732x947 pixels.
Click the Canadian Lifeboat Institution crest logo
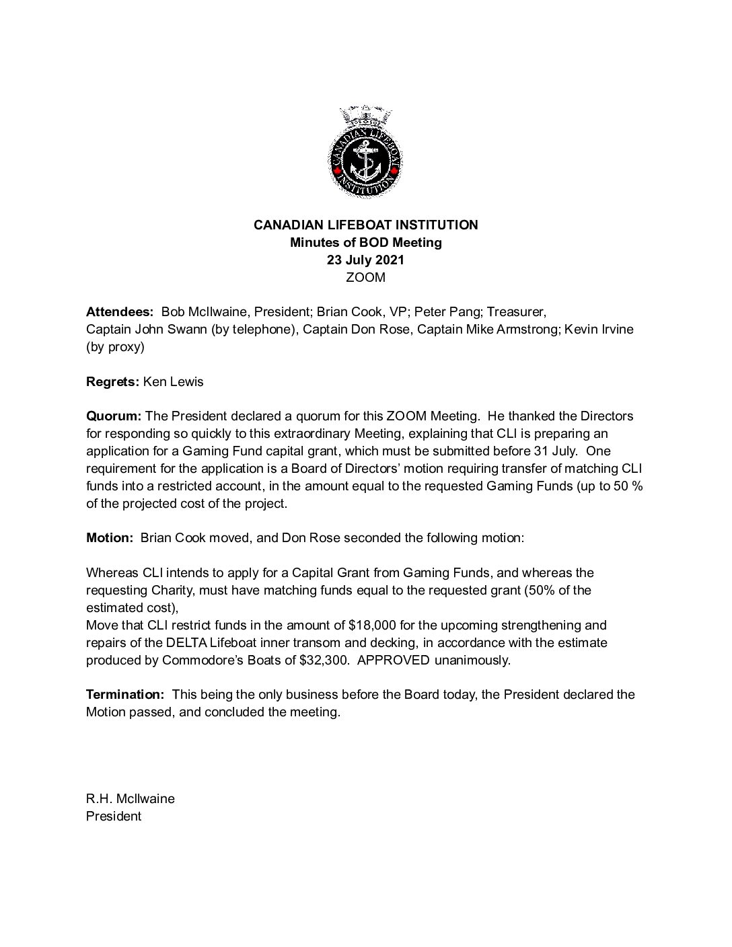(x=365, y=153)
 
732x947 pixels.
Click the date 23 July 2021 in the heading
(x=365, y=260)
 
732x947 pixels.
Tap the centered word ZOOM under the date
(x=365, y=277)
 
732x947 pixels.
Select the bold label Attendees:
(x=120, y=312)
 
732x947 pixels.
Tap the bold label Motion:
(x=110, y=538)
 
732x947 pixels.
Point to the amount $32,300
(x=326, y=660)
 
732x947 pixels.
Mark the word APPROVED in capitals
(x=394, y=660)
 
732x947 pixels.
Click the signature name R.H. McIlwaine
(x=131, y=799)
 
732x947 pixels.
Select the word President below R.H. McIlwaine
(x=114, y=817)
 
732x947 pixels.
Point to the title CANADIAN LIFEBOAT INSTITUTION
(x=365, y=225)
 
